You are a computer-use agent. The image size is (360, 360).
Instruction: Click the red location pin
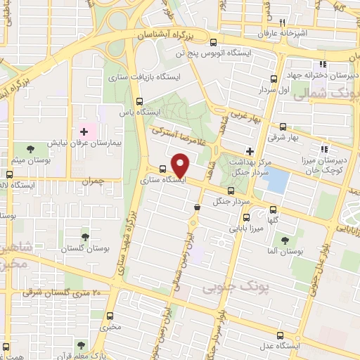181,166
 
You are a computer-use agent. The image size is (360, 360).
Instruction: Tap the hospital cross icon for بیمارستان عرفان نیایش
84,131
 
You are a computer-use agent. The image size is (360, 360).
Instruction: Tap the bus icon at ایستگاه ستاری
163,169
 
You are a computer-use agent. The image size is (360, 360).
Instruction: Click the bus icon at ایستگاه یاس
140,101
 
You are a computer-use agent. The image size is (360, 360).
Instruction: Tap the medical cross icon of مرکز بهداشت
250,150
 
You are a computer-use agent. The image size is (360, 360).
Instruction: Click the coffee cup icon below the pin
196,207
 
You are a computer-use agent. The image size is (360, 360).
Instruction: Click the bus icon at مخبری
110,316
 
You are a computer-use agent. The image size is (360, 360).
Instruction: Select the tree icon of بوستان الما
285,238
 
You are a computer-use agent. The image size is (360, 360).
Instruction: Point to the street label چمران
91,181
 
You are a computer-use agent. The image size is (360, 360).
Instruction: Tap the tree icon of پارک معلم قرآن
79,345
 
